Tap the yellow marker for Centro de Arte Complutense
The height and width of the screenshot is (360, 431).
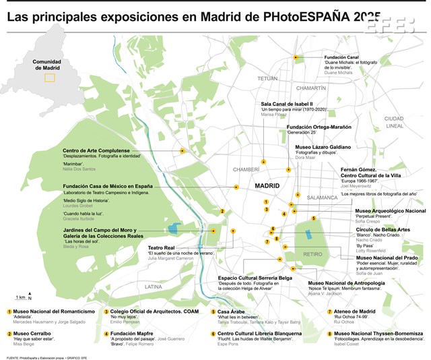[182, 151]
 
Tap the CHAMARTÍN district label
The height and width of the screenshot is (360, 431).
[312, 88]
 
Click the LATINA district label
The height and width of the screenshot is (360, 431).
[154, 287]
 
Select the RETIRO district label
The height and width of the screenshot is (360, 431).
[312, 254]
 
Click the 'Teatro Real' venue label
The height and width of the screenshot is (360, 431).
[162, 247]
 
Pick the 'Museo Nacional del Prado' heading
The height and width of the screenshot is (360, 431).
[391, 258]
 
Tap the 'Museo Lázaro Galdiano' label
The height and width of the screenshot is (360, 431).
[323, 147]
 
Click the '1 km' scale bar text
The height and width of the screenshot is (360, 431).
[21, 297]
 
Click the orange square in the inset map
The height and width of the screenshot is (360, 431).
[49, 78]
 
